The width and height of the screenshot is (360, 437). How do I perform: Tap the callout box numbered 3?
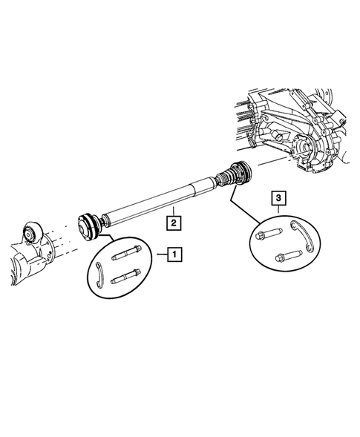pyautogui.click(x=277, y=197)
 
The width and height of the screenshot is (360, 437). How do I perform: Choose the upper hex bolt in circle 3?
pyautogui.click(x=269, y=237)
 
